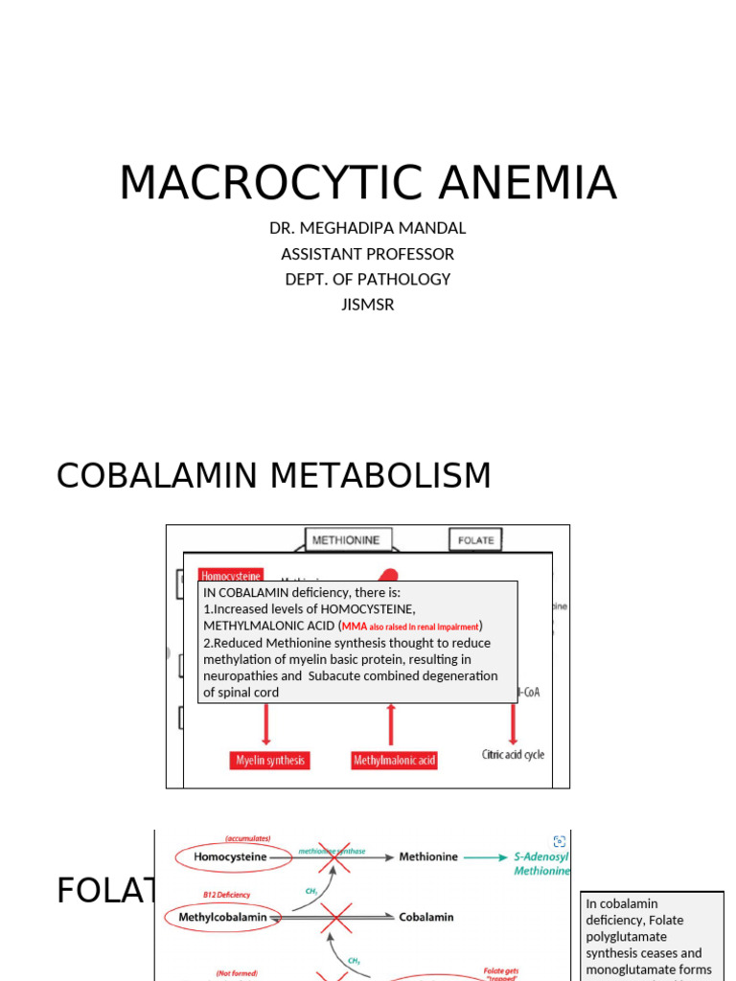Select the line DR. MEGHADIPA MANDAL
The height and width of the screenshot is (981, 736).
[367, 228]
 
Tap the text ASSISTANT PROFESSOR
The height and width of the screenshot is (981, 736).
[367, 254]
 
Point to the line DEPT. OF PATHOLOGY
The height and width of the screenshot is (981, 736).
[367, 279]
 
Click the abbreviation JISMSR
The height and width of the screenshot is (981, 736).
[367, 305]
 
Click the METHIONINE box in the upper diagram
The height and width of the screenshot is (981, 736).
[346, 539]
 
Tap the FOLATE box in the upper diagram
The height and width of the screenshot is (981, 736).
[475, 539]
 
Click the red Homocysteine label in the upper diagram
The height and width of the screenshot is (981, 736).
[230, 575]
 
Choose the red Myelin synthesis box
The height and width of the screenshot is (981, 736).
[270, 761]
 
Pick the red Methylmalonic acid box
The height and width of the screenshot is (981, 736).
[394, 761]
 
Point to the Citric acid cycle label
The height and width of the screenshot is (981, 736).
[513, 755]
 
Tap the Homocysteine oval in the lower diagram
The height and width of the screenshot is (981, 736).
[230, 857]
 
